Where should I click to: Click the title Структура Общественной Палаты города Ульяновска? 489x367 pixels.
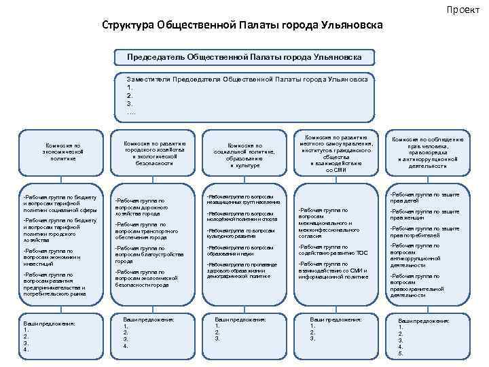coord(242,24)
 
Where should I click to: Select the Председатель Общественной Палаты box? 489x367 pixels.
coord(244,56)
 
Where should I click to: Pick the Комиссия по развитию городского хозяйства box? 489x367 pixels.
coord(154,153)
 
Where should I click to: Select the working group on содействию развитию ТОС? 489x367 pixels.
coord(333,249)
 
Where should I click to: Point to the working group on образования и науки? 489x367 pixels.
coord(241,250)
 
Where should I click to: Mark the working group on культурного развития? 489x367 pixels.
coord(241,233)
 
